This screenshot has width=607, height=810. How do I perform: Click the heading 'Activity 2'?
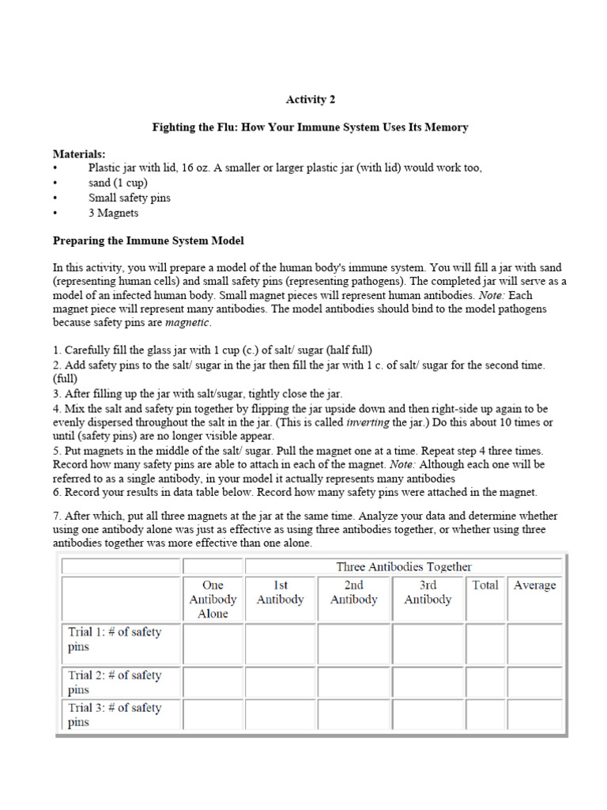pyautogui.click(x=315, y=100)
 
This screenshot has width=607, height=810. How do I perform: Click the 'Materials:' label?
pyautogui.click(x=79, y=153)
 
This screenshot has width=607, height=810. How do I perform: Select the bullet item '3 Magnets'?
pyautogui.click(x=113, y=213)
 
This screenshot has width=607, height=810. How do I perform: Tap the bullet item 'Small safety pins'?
pyautogui.click(x=129, y=198)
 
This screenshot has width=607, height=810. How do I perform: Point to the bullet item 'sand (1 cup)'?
pyautogui.click(x=118, y=183)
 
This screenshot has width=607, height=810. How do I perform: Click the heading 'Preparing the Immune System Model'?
pyautogui.click(x=142, y=240)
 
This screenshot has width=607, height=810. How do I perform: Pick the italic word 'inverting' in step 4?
pyautogui.click(x=368, y=422)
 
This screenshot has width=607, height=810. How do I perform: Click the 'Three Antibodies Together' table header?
pyautogui.click(x=403, y=566)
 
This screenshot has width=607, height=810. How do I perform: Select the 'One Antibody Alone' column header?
pyautogui.click(x=213, y=599)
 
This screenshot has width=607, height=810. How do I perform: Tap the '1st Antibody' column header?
pyautogui.click(x=280, y=592)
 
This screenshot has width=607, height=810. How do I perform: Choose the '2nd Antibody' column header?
pyautogui.click(x=353, y=592)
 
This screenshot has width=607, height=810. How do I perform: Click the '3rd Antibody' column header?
pyautogui.click(x=428, y=592)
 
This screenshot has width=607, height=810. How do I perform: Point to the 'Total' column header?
pyautogui.click(x=485, y=585)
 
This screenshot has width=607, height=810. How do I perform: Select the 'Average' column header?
pyautogui.click(x=534, y=585)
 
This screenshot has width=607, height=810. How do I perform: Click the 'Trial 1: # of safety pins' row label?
pyautogui.click(x=115, y=639)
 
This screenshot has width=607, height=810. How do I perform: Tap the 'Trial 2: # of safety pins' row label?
pyautogui.click(x=115, y=682)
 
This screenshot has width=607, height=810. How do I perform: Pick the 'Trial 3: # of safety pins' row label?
pyautogui.click(x=115, y=715)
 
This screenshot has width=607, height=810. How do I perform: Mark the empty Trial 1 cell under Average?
pyautogui.click(x=534, y=643)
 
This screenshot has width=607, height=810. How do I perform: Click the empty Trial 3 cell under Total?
pyautogui.click(x=485, y=714)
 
